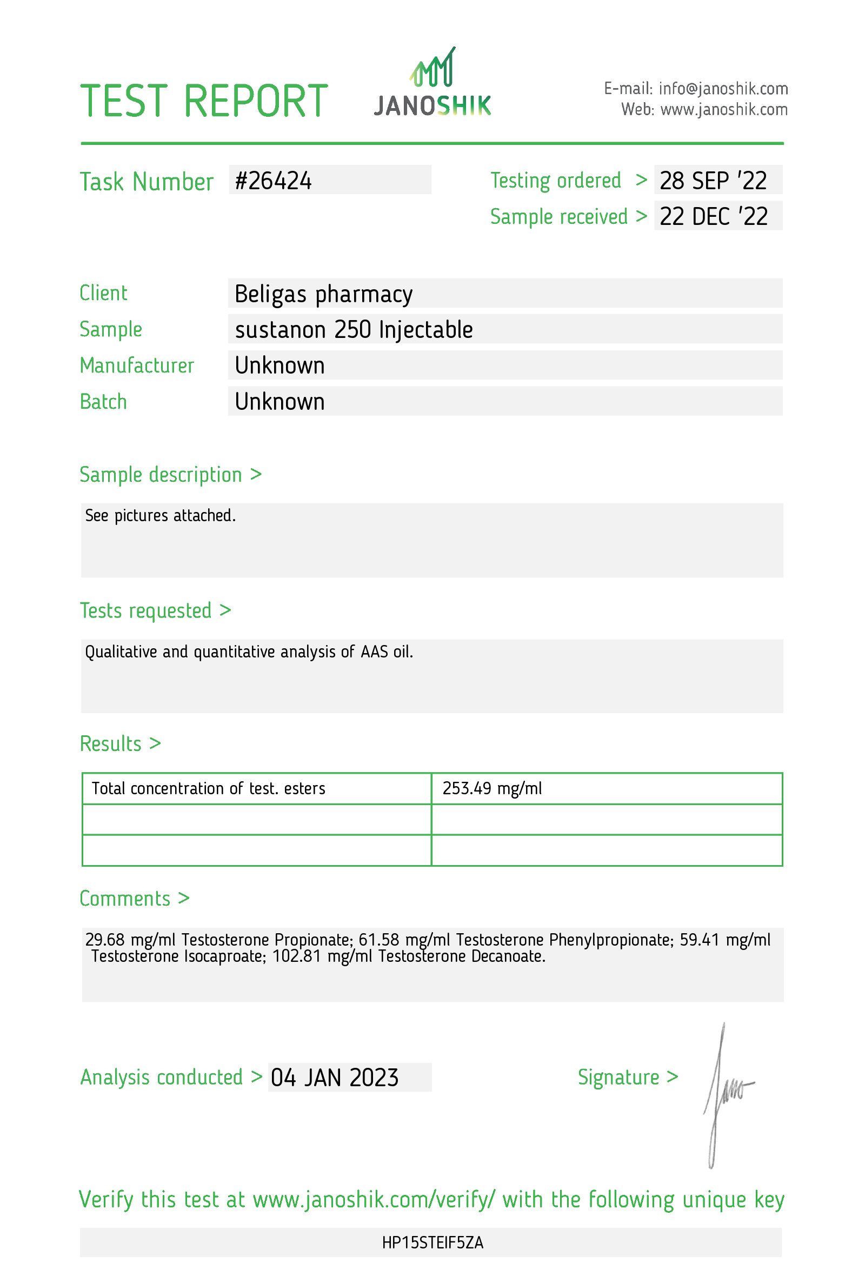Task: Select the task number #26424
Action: (274, 181)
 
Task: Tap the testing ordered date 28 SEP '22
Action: (713, 181)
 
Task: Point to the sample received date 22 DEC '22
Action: (713, 217)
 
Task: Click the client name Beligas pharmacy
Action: (323, 294)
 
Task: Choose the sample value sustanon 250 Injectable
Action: (354, 330)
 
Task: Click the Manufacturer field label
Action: (137, 365)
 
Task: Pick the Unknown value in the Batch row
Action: (280, 402)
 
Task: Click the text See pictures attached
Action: (160, 516)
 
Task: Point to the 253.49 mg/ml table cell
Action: (492, 788)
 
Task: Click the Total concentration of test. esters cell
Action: (208, 788)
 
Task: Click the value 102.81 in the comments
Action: (296, 956)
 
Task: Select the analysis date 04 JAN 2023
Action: (334, 1077)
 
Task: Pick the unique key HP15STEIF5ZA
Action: (432, 1242)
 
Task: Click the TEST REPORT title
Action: (204, 102)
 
